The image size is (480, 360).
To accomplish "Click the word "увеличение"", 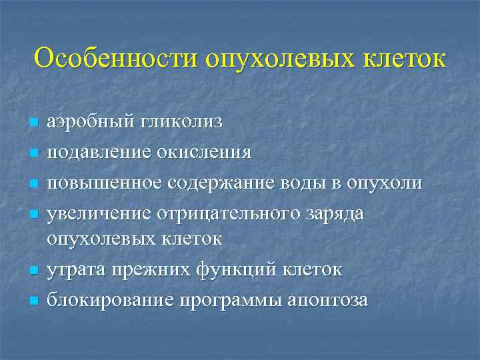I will coord(98,213).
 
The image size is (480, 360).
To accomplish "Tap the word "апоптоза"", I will coord(327,301).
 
